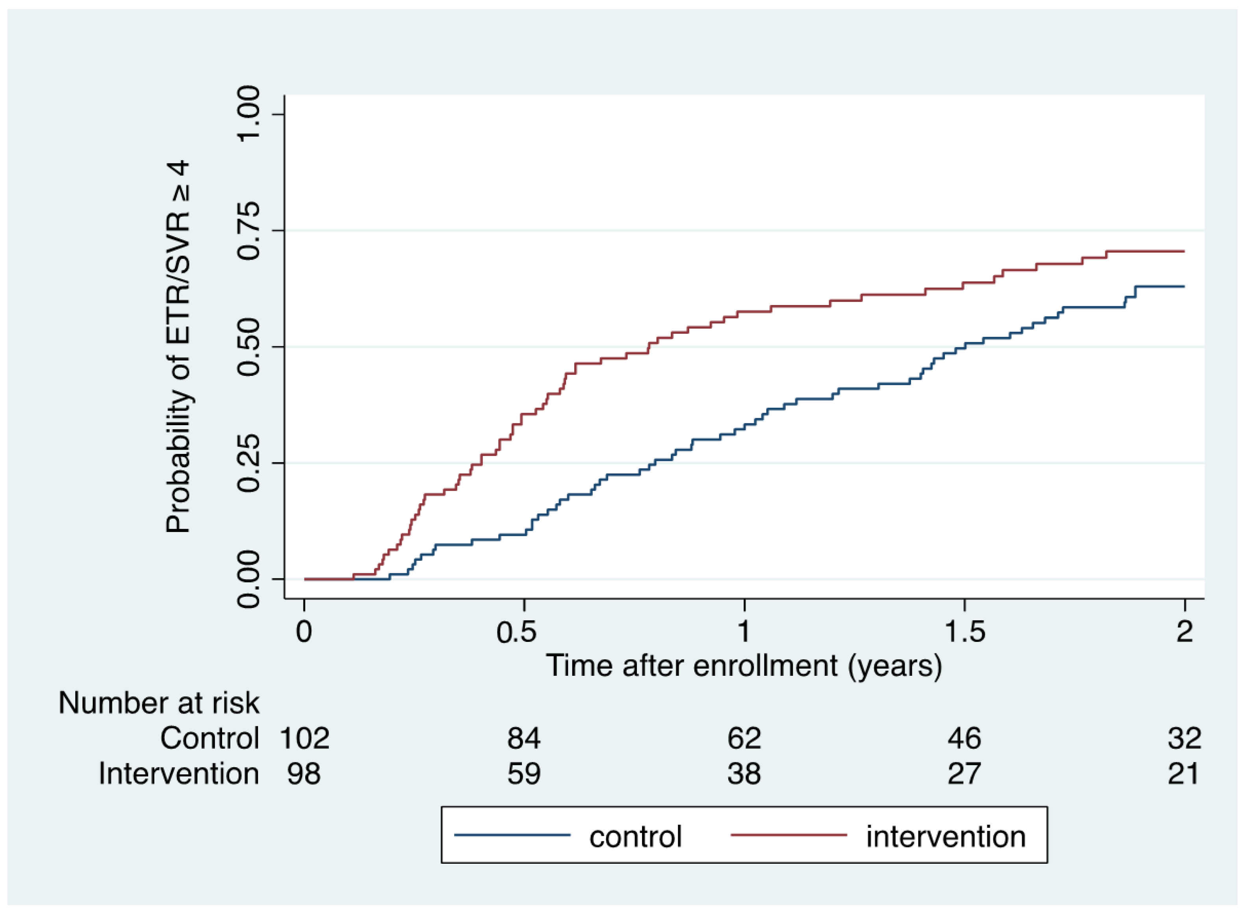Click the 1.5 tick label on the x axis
(965, 632)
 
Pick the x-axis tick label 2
(1184, 632)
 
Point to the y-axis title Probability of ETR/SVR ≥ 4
(178, 347)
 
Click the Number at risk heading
(159, 703)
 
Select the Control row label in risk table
(210, 738)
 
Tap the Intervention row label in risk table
(179, 774)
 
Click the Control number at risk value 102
(304, 738)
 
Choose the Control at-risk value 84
(523, 738)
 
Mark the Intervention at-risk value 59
(523, 774)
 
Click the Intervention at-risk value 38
(744, 774)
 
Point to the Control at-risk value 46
(965, 738)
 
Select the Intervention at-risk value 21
(1184, 774)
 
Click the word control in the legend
(635, 837)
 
